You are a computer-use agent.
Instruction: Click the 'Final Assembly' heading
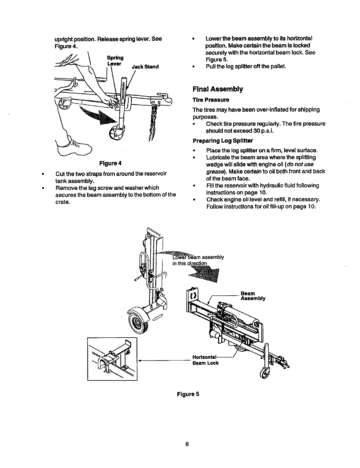(x=218, y=89)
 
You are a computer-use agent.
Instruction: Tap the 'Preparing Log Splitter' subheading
(x=223, y=141)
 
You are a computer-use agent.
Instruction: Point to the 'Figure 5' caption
(x=188, y=394)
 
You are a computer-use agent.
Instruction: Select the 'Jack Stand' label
(x=145, y=67)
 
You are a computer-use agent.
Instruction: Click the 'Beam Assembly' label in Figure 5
(x=253, y=296)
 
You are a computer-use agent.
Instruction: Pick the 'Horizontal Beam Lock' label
(x=206, y=360)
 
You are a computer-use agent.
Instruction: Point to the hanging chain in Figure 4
(x=153, y=121)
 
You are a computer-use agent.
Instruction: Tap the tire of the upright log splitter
(x=137, y=323)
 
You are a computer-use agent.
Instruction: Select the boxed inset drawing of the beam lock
(x=112, y=359)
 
